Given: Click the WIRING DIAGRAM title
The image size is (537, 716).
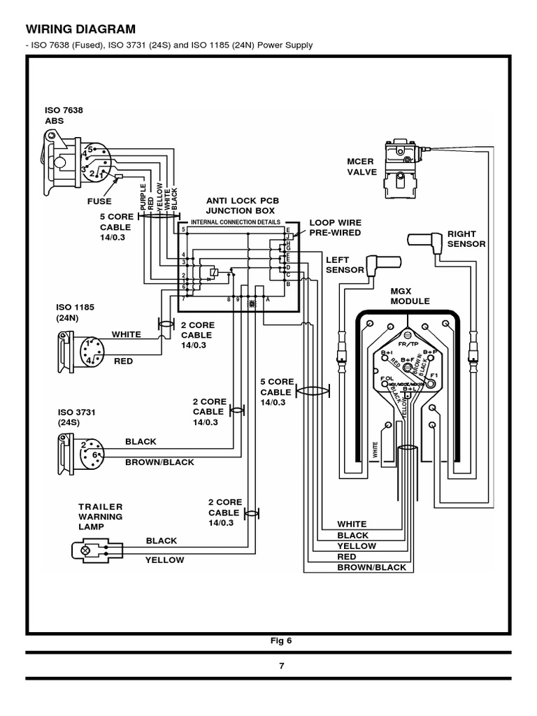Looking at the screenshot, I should (77, 29).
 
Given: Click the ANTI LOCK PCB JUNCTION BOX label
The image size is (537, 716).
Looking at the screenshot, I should (240, 206).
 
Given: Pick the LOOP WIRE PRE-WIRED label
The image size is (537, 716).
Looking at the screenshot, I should (335, 228).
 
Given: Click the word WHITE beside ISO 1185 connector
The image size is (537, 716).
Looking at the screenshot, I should (125, 335).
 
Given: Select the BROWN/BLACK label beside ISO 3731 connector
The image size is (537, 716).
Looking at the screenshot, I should (159, 462).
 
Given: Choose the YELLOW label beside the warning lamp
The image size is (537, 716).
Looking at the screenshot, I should (165, 559).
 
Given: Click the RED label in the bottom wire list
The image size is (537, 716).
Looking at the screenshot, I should (347, 557).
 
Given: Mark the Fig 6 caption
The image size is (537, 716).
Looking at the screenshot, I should (278, 639).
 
